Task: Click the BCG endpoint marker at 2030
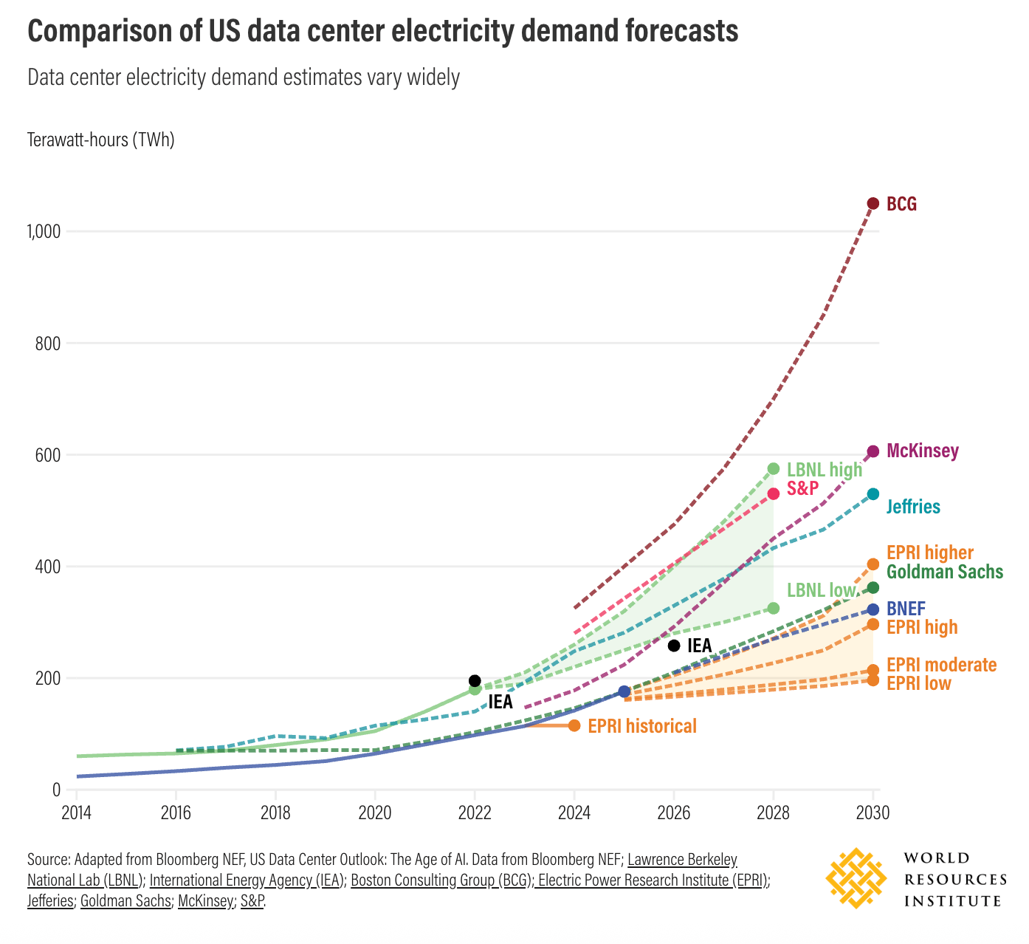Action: (x=873, y=204)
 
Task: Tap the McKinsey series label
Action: (x=922, y=451)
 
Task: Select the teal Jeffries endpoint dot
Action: (x=873, y=494)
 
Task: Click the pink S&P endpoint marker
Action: (x=773, y=493)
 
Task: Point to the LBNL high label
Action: (x=824, y=470)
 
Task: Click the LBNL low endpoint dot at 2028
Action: (x=773, y=608)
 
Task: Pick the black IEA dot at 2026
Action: (x=673, y=646)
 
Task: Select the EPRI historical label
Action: (x=642, y=726)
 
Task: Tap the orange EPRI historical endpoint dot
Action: (x=574, y=726)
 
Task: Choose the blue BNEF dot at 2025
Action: (x=624, y=691)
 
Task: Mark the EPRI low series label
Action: (x=918, y=683)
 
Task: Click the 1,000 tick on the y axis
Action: (x=43, y=232)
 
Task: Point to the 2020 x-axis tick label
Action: (x=374, y=813)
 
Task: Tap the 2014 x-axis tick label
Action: (x=76, y=813)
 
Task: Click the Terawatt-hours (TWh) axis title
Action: (x=101, y=140)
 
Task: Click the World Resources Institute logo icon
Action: (x=856, y=878)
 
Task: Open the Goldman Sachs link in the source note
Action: (x=125, y=901)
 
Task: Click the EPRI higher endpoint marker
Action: (x=873, y=564)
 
